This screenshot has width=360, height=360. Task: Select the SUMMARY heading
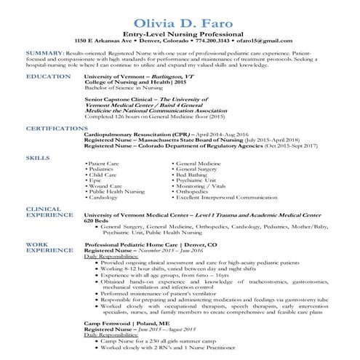[x=43, y=54]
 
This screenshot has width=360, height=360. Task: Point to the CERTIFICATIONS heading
[x=57, y=127]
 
